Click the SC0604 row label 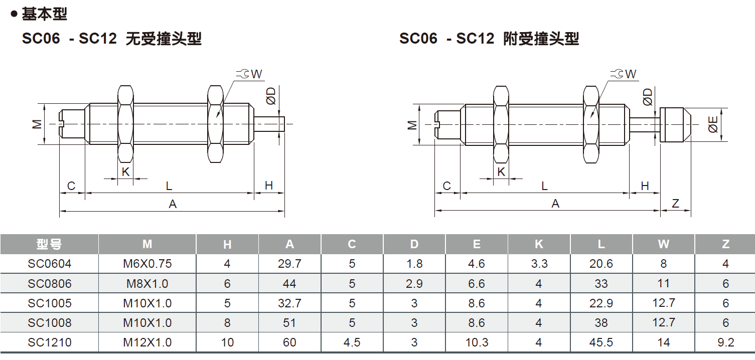point(50,264)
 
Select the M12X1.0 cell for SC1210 point(147,342)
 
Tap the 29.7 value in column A point(289,264)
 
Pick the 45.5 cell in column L point(601,342)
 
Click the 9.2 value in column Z point(725,342)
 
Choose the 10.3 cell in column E point(476,342)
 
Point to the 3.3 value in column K point(539,264)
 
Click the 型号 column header point(50,244)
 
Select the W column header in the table point(663,244)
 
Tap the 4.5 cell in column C point(352,342)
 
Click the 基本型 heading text point(44,14)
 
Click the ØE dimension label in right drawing point(713,124)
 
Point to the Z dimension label point(675,204)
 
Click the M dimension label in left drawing point(38,124)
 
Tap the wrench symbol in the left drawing point(242,74)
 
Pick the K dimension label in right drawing point(501,172)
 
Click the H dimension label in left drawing point(269,186)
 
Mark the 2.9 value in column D point(414,284)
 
